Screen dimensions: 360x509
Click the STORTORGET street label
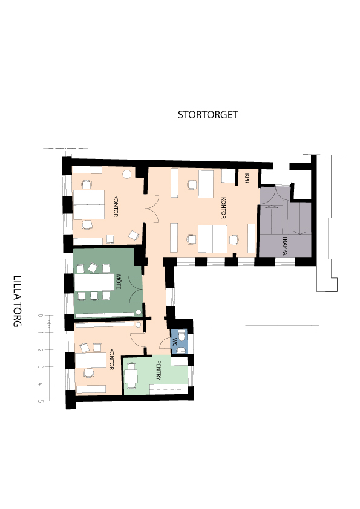coord(208,115)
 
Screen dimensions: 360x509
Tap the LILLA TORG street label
coord(17,301)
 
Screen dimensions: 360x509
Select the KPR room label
coord(247,178)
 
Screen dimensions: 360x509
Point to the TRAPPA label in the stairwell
coord(285,245)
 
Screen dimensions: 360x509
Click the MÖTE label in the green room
coord(119,282)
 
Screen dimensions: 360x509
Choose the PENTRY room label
coord(159,370)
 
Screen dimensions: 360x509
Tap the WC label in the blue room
coord(175,342)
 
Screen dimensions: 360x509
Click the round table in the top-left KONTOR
coord(126,174)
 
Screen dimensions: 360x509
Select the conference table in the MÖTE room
coord(94,283)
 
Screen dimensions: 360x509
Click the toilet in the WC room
coord(182,335)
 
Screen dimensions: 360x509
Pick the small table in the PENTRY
coord(131,376)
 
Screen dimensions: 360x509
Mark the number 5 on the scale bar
coord(41,401)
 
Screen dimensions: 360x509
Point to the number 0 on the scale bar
coord(41,315)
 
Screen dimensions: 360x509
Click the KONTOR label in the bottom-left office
coord(112,359)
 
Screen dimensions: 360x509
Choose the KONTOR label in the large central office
coord(223,208)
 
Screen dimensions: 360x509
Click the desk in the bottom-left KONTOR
coord(91,360)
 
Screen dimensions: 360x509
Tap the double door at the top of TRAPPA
coord(275,195)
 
